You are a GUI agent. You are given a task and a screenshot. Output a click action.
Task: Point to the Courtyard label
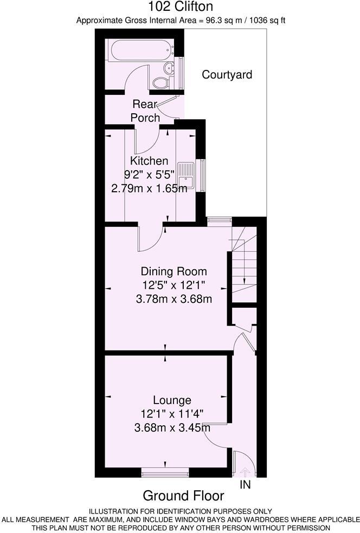pos(227,75)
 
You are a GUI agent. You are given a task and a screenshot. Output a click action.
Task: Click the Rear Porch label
pos(145,110)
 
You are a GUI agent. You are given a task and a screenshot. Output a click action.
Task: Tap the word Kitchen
pos(149,161)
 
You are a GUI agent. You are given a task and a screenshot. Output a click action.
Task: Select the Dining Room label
pos(174,271)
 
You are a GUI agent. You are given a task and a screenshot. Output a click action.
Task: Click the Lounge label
pos(172,400)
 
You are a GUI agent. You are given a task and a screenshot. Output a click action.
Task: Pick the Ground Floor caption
pos(183,496)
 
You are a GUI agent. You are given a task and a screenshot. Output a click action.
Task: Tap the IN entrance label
pos(246,485)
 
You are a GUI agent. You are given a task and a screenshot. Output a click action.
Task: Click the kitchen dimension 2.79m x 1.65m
pos(149,188)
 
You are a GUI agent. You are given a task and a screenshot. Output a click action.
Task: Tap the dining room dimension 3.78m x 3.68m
pos(174,299)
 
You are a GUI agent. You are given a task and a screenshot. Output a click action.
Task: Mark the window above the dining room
pos(220,220)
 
